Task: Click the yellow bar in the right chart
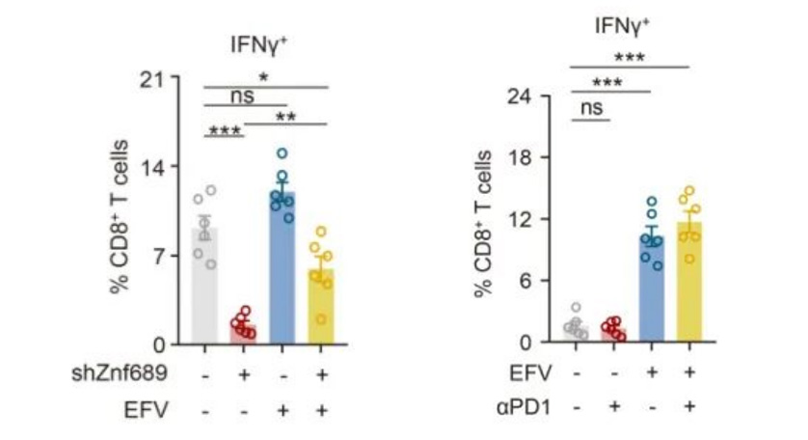(x=689, y=289)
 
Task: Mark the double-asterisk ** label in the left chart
(x=286, y=116)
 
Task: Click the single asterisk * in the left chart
(x=263, y=77)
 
